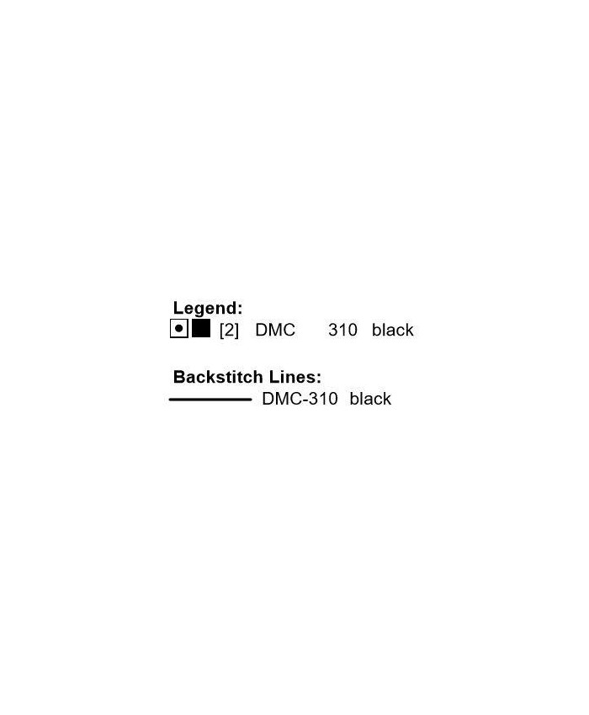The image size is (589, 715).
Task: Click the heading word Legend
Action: point(206,309)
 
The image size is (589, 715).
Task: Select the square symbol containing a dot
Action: point(178,329)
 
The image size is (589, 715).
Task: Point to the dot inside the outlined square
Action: point(178,329)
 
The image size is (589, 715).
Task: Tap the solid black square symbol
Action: point(201,329)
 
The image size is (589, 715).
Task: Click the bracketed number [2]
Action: point(229,331)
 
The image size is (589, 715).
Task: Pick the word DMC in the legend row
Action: point(275,331)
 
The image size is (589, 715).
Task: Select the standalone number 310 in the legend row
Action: point(342,331)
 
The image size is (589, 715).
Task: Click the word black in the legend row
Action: point(392,331)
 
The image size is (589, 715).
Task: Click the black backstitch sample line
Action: point(210,400)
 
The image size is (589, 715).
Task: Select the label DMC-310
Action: point(300,399)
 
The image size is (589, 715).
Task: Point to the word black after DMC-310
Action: point(370,399)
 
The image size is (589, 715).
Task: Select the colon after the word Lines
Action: point(319,379)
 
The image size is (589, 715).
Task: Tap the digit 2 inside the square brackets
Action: point(229,331)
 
